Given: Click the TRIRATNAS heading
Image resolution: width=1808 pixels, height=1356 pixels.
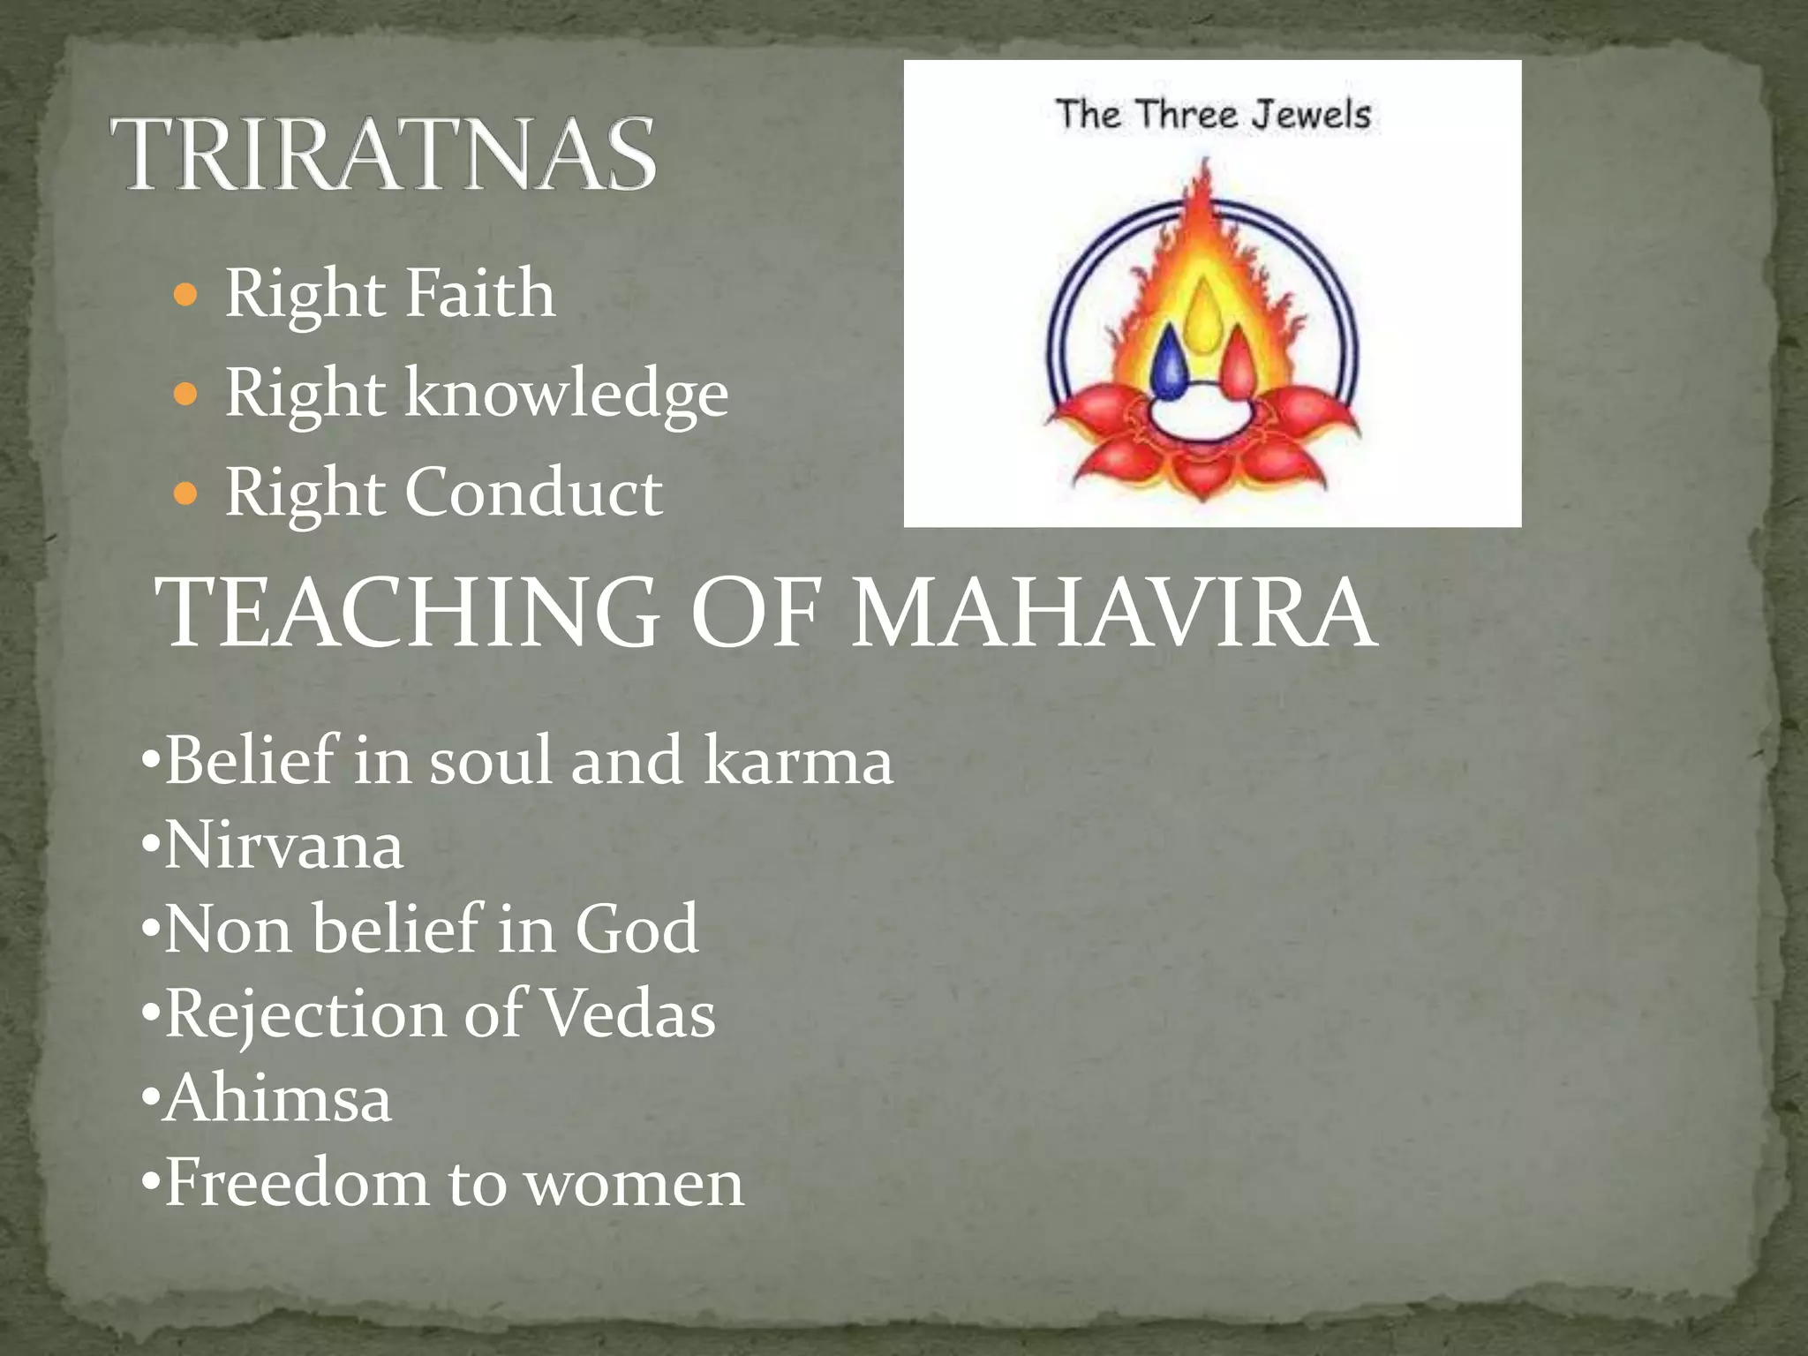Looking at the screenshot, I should [x=383, y=155].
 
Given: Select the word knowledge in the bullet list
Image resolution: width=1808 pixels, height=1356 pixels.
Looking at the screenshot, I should [x=566, y=394].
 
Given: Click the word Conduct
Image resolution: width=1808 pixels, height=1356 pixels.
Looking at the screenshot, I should [x=533, y=493].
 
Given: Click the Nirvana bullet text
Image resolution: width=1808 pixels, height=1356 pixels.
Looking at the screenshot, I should [x=283, y=846].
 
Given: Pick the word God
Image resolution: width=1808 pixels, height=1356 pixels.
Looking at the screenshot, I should [x=637, y=929].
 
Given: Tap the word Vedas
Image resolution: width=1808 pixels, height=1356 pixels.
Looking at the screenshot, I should [x=628, y=1013].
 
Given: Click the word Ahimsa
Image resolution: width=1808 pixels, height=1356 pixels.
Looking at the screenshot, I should [x=278, y=1098].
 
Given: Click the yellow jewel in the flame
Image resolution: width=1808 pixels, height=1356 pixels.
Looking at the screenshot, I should [x=1202, y=313].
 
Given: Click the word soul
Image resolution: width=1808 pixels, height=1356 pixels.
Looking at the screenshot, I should [x=490, y=760].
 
